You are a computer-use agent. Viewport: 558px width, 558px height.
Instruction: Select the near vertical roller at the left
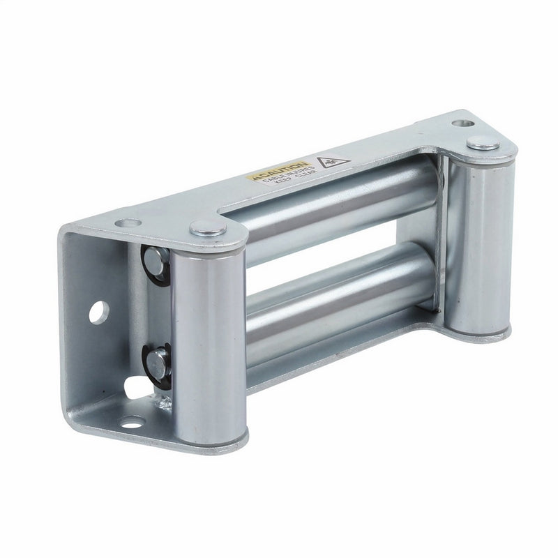[x=208, y=335]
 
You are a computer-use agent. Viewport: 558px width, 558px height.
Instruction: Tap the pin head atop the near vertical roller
[x=208, y=227]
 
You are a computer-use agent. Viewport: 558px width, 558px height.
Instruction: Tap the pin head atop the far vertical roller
[x=483, y=144]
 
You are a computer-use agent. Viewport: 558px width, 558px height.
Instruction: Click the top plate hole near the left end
[x=128, y=223]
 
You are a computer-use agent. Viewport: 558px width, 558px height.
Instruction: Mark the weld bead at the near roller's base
[x=165, y=403]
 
